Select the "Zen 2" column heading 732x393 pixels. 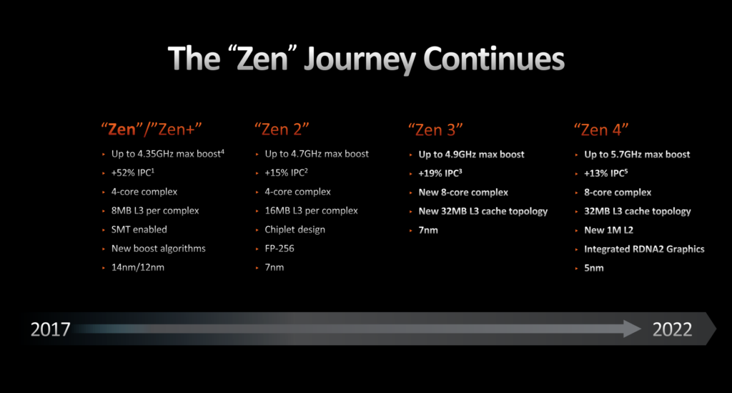pos(282,129)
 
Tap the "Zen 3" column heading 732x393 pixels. pos(435,130)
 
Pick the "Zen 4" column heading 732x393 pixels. pos(601,130)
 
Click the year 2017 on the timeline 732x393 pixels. pos(51,329)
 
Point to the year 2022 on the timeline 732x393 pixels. pos(672,329)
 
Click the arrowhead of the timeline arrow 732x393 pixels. pos(633,329)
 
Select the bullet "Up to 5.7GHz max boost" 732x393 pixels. pos(637,154)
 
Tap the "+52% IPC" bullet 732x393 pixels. pos(132,173)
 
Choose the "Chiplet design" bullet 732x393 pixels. pos(295,230)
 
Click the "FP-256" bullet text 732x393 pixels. pos(280,248)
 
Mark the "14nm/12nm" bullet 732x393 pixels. pos(138,267)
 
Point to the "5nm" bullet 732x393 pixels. pos(594,268)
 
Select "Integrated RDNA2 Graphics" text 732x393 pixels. pos(644,249)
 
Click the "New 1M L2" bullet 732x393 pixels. pos(609,230)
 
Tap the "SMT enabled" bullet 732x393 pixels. pos(139,230)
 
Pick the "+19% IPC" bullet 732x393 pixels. pos(440,173)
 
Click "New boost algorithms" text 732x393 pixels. pos(158,248)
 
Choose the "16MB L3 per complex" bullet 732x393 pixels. pos(312,210)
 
